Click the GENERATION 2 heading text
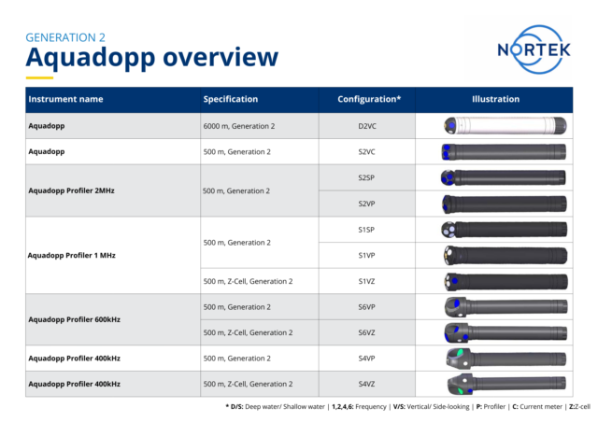65,37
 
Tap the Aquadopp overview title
151,59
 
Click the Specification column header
231,99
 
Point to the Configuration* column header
369,99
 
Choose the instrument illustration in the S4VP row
504,358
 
